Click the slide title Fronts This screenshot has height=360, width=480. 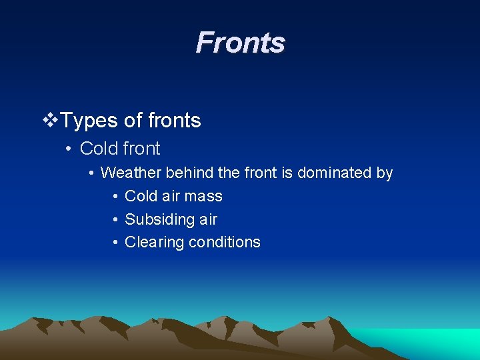coord(240,43)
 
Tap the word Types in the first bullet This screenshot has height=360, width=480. coord(90,121)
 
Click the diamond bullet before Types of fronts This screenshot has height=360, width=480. coord(50,121)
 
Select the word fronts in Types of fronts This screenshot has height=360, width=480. coord(175,121)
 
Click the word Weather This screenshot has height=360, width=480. coord(131,173)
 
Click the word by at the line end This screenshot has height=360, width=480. coord(385,173)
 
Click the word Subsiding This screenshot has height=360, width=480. coord(155,219)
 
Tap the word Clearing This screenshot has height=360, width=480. coord(154,242)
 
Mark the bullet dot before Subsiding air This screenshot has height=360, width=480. coord(115,220)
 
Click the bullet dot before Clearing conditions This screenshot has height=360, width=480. coord(115,243)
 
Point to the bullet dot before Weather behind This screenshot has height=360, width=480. coord(91,173)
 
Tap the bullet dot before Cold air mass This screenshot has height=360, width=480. coord(115,197)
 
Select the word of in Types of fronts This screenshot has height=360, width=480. coord(133,121)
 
